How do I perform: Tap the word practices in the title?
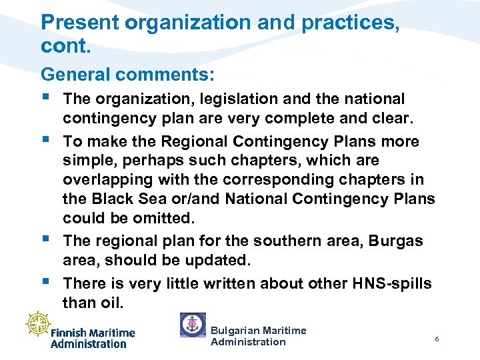point(349,23)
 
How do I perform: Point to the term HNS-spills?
point(388,283)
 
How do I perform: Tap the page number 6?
point(437,339)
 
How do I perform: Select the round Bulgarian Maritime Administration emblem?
point(193,325)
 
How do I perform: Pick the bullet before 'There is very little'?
point(46,282)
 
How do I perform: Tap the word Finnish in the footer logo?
point(69,333)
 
